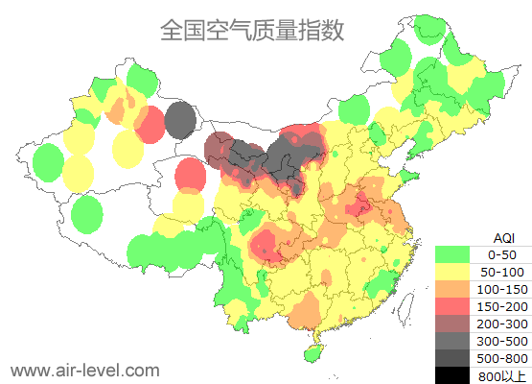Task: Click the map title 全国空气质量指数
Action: [x=251, y=31]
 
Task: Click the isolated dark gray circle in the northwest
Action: [x=180, y=121]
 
